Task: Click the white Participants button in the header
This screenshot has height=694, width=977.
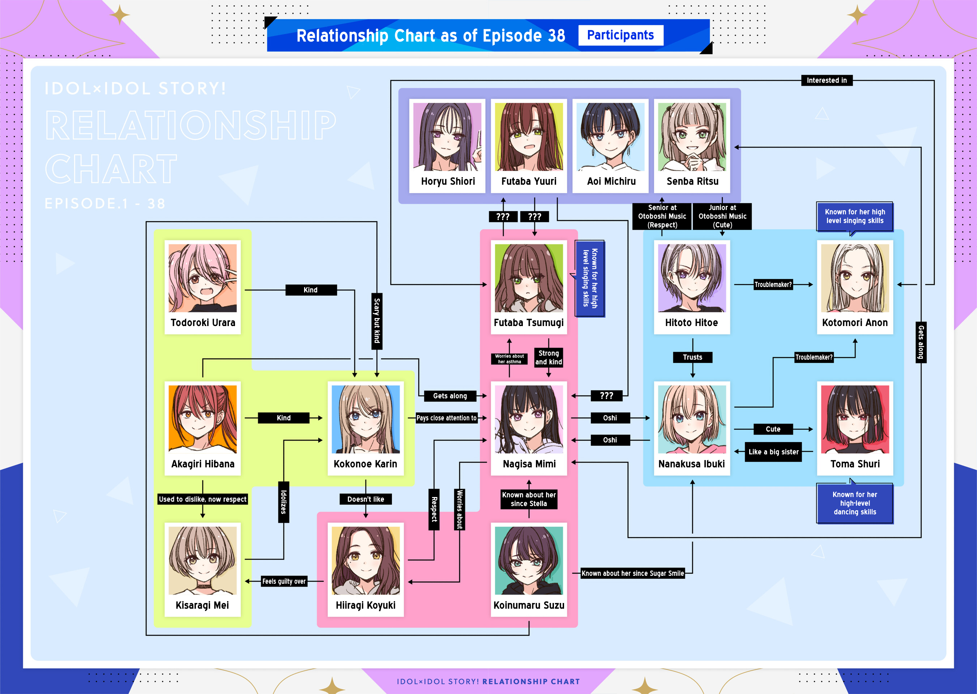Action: tap(620, 35)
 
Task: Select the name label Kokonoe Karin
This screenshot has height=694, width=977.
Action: tap(366, 464)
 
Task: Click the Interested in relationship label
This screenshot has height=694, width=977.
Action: tap(827, 80)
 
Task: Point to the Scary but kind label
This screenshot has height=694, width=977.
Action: tap(376, 321)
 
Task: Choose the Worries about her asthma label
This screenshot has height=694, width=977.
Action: tap(509, 359)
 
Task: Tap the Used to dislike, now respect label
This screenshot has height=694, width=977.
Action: tap(202, 499)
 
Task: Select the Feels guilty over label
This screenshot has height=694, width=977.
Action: tap(284, 581)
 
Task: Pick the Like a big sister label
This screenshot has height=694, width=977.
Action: tap(773, 452)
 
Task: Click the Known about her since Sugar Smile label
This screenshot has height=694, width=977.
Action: tap(632, 574)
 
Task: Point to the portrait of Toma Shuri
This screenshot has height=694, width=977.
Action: tap(855, 419)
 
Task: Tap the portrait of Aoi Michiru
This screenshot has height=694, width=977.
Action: tap(610, 137)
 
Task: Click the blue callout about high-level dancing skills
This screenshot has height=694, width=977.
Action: tap(855, 504)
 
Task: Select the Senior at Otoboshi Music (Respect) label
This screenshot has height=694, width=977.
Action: tap(662, 216)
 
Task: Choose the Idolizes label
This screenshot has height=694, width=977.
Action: tap(283, 502)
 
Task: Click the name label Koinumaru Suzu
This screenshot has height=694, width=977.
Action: tap(529, 605)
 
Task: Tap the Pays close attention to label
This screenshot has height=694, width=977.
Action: tap(446, 418)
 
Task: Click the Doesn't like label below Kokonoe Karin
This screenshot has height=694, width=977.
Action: tap(366, 499)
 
